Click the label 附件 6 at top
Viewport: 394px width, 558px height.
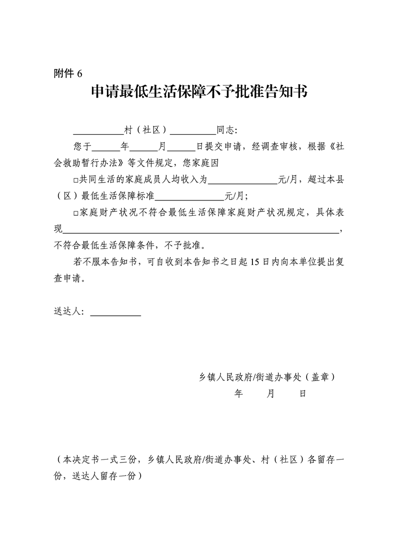click(67, 74)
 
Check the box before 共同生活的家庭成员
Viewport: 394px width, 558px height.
click(76, 181)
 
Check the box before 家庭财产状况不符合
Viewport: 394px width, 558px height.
click(76, 213)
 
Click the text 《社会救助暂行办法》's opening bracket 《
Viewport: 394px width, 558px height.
click(330, 147)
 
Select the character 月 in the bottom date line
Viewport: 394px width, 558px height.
click(270, 393)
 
